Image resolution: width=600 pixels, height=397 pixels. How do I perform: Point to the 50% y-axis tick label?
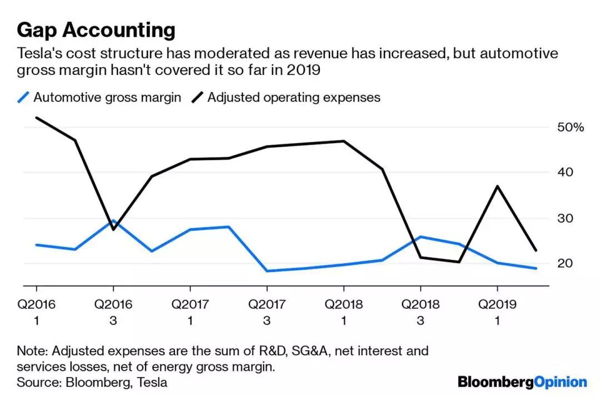tap(571, 128)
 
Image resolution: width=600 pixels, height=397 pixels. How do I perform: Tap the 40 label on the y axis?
tap(564, 173)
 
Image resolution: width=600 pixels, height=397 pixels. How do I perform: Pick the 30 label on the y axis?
tap(564, 218)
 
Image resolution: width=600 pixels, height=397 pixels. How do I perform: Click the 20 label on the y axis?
tap(564, 263)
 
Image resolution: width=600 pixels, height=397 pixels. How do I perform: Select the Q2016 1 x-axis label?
tap(37, 312)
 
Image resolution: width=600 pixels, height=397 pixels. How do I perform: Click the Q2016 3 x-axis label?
tap(114, 312)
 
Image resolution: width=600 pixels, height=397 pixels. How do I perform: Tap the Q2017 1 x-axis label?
tap(191, 312)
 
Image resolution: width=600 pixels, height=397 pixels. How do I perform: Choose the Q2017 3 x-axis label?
tap(267, 312)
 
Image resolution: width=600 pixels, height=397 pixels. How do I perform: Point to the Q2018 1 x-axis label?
tap(344, 312)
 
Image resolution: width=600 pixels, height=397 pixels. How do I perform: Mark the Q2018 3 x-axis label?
tap(421, 312)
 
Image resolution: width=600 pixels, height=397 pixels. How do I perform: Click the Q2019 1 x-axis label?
tap(497, 312)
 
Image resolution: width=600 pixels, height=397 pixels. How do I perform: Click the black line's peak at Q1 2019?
tap(497, 186)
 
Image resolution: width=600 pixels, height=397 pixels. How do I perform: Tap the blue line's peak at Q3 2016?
tap(114, 221)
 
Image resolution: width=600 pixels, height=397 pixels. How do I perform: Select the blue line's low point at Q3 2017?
tap(267, 271)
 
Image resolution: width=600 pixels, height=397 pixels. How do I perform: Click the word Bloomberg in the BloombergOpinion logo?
tap(496, 382)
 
